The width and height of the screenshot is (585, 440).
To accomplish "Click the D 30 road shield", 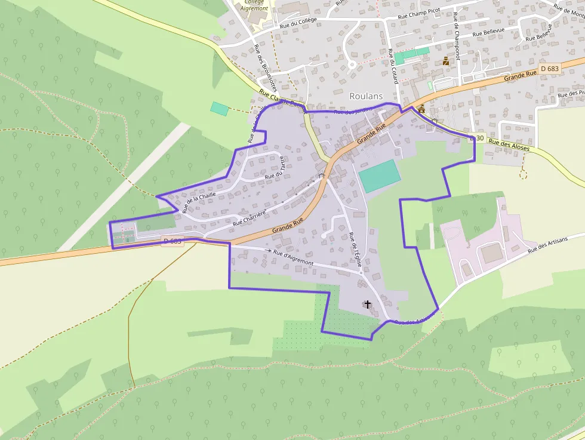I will pyautogui.click(x=476, y=138).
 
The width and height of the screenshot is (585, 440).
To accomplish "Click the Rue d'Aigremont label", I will pyautogui.click(x=293, y=259).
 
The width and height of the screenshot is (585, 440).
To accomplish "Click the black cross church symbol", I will pyautogui.click(x=367, y=304).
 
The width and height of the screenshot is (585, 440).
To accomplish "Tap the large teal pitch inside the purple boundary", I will pyautogui.click(x=379, y=176).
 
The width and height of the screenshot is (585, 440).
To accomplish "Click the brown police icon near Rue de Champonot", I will pyautogui.click(x=446, y=61).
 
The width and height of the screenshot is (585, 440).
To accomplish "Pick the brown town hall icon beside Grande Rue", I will pyautogui.click(x=421, y=109).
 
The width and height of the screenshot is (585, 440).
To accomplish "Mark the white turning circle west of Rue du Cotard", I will pyautogui.click(x=352, y=64).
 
